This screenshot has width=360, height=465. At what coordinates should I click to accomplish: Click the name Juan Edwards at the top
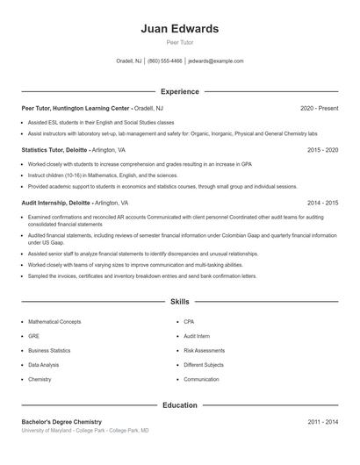[180, 29]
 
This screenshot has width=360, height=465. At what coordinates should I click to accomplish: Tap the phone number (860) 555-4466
[165, 61]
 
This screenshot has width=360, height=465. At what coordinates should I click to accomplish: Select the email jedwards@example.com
[216, 61]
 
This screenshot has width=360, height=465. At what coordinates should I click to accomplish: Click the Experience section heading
[180, 91]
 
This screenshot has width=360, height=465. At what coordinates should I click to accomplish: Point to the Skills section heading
[180, 301]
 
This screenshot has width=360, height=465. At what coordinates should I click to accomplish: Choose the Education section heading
[180, 405]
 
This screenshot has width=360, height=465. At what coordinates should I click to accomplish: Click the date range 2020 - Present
[319, 108]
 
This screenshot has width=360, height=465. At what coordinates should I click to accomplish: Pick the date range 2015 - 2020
[322, 150]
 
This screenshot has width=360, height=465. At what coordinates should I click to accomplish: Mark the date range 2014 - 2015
[322, 202]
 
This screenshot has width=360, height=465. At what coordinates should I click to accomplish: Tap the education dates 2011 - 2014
[322, 422]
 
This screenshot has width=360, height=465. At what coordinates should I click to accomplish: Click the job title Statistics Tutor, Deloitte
[54, 150]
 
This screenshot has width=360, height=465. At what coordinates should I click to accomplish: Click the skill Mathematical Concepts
[54, 322]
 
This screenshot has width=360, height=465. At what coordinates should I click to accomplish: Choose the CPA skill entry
[189, 322]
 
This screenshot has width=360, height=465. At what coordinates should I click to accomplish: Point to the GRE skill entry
[33, 336]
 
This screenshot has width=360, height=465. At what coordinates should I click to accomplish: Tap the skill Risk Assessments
[204, 350]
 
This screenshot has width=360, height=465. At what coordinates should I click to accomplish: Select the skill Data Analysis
[44, 365]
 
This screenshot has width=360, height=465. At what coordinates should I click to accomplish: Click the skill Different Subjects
[204, 365]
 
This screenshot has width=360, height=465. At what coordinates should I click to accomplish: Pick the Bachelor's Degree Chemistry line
[61, 422]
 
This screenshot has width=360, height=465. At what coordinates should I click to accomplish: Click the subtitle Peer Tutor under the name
[180, 42]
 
